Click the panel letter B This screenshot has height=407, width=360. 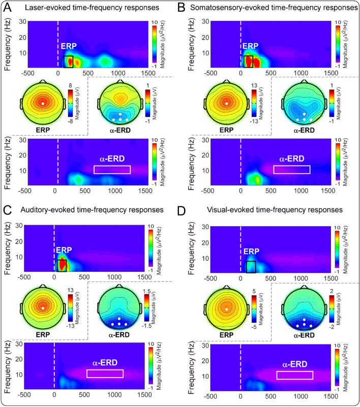pos(188,8)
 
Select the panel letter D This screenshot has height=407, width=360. pos(188,209)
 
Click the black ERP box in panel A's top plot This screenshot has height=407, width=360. pos(69,62)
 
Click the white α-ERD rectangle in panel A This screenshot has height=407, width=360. pos(112,170)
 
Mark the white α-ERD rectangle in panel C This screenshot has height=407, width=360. pos(105,373)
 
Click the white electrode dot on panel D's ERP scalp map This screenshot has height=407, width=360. pos(226,308)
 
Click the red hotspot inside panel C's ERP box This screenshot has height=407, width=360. pos(62,264)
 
